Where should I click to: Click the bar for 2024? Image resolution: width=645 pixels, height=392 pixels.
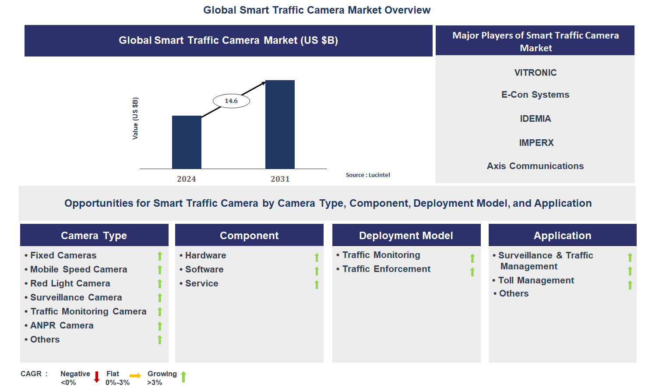tap(187, 142)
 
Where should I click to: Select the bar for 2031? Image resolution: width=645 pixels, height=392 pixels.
tap(280, 124)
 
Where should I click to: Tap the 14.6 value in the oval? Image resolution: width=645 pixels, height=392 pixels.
tap(231, 101)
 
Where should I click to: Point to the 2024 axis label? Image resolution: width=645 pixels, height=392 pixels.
tap(187, 179)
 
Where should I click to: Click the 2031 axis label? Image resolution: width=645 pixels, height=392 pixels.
tap(280, 179)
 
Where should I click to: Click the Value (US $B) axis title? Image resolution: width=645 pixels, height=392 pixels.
tap(135, 119)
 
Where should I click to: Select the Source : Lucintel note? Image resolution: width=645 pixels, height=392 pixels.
tap(368, 175)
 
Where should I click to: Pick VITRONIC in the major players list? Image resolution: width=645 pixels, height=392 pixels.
tap(536, 73)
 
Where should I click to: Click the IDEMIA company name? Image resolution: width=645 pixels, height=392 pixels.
tap(536, 119)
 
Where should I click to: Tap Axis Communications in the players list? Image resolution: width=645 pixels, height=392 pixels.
tap(536, 166)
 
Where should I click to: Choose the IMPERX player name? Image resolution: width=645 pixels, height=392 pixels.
tap(536, 143)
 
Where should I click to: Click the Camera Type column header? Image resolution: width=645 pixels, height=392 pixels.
tap(94, 236)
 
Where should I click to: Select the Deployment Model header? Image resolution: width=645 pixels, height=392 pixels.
tap(406, 236)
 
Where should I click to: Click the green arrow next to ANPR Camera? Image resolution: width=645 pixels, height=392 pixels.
tap(160, 326)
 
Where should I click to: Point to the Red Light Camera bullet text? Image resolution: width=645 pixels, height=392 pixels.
tap(70, 283)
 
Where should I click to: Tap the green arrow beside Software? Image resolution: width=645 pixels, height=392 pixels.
tap(317, 271)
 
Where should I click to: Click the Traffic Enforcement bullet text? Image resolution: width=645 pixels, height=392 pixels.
tap(386, 269)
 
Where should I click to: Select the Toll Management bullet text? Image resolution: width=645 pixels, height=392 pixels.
tap(536, 280)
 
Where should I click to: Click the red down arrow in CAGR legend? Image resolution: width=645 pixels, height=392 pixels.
tap(97, 377)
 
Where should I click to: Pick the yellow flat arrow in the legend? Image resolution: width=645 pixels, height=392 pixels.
tap(135, 376)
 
